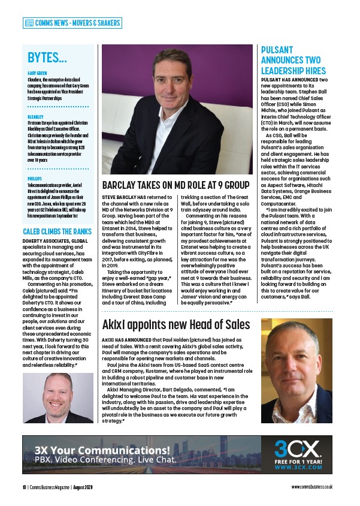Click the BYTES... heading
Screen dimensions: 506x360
click(x=47, y=58)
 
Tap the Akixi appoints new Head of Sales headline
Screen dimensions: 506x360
click(x=176, y=325)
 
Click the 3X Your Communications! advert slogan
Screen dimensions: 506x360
click(x=102, y=450)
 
